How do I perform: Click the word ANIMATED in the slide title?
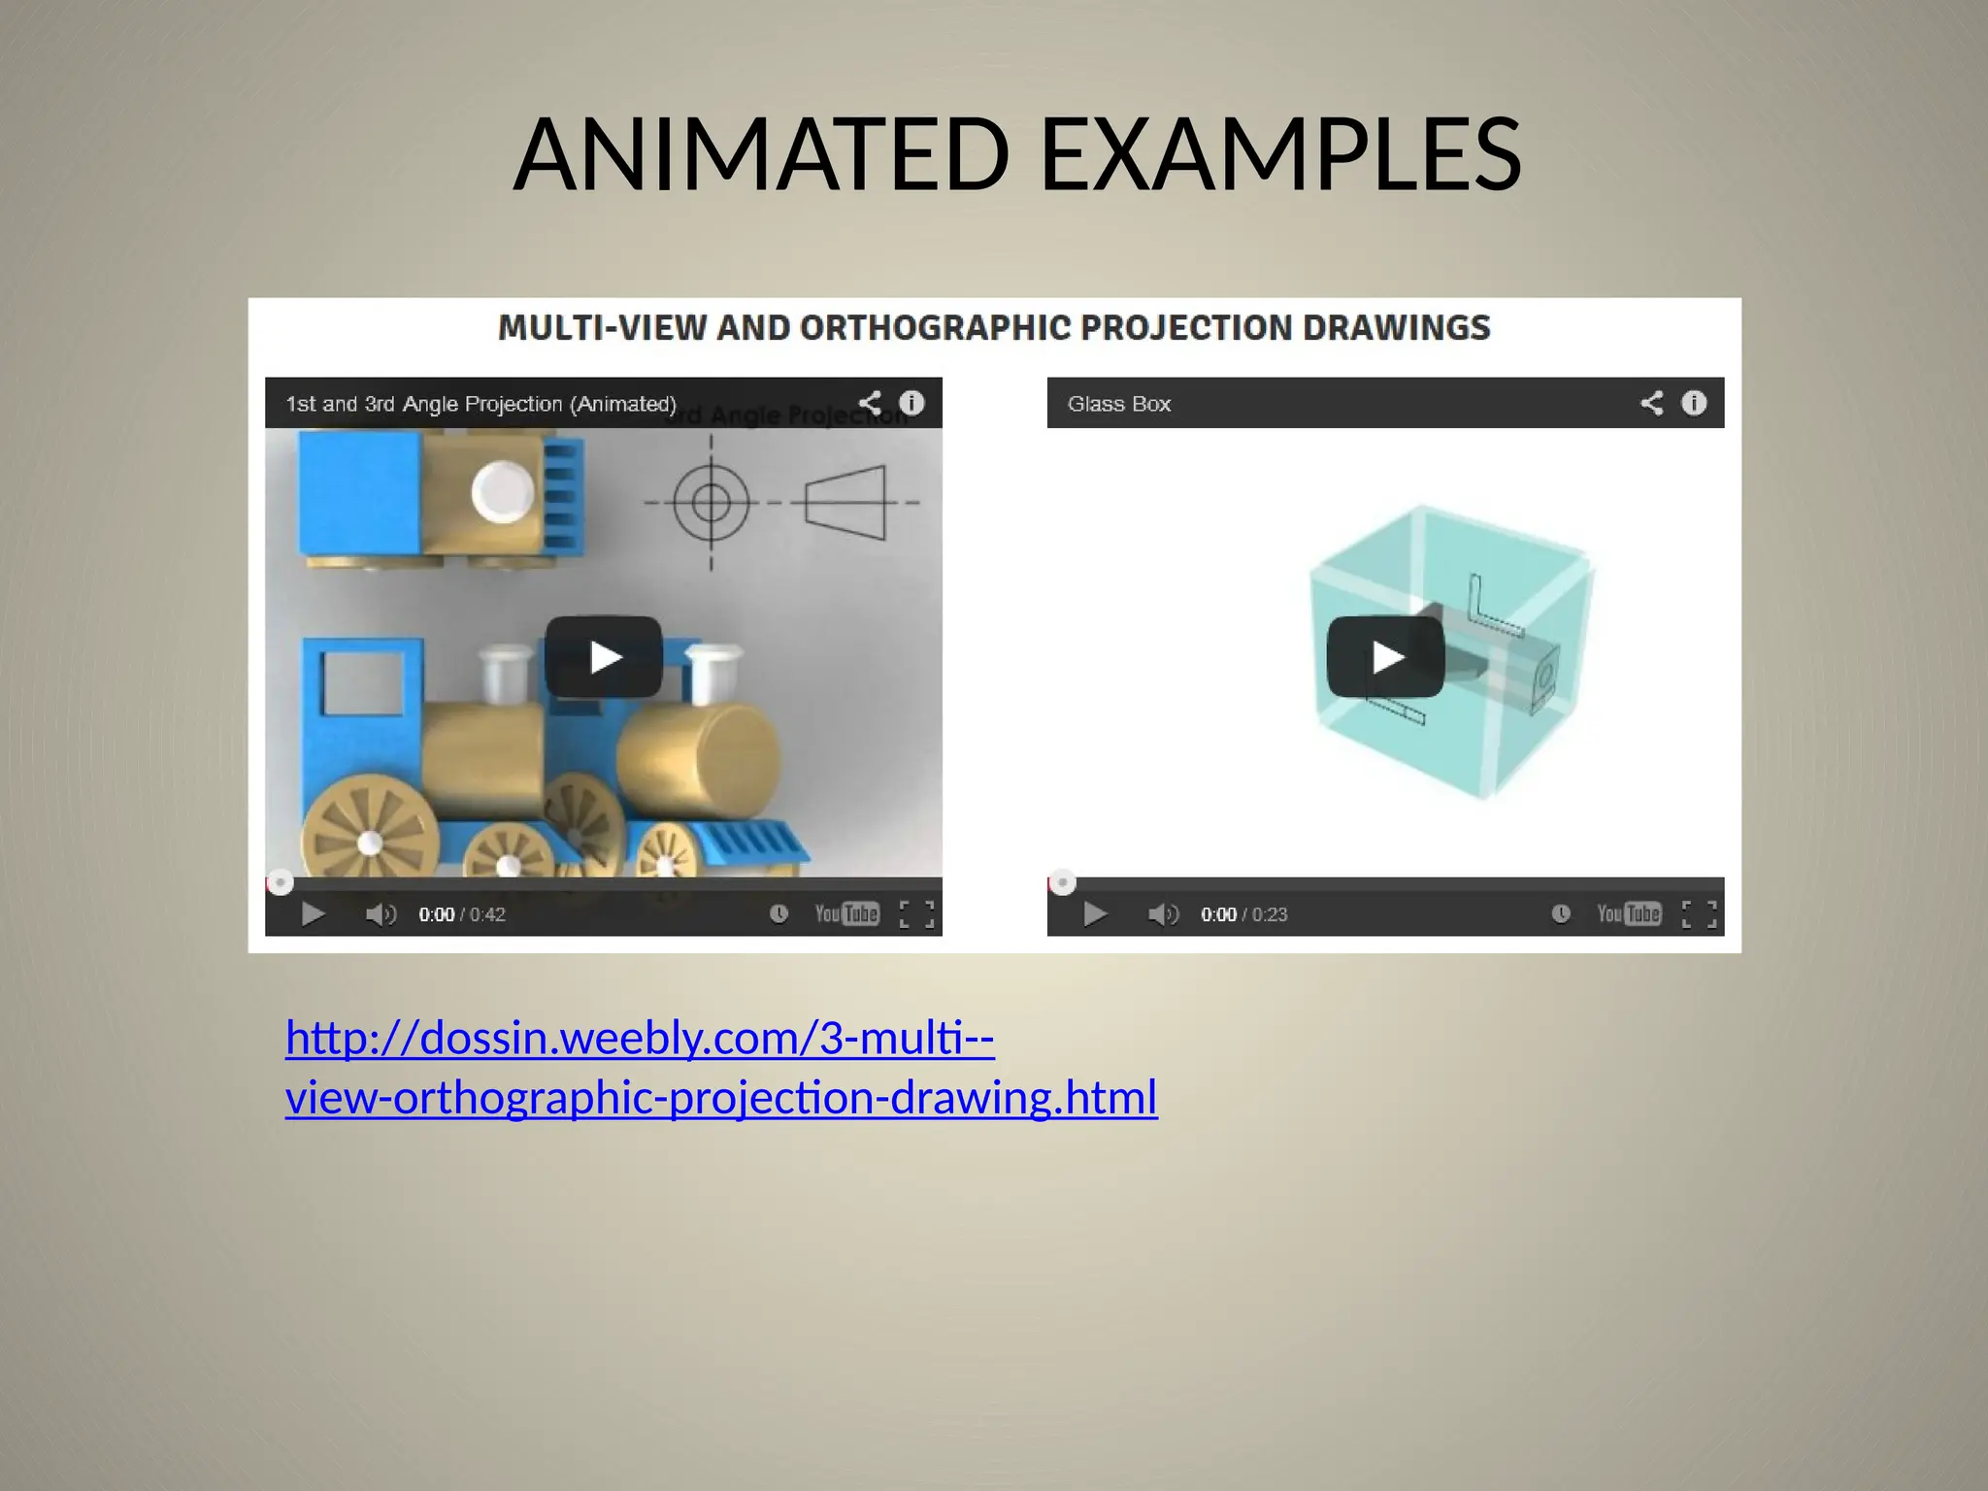pos(762,154)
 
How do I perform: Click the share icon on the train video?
pos(870,403)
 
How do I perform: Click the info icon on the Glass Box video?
pos(1694,403)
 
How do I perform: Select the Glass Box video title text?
pos(1119,404)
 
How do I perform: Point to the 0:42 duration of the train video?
pos(487,914)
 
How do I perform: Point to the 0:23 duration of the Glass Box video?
pos(1270,914)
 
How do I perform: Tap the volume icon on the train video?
pos(381,914)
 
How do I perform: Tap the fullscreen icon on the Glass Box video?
pos(1699,914)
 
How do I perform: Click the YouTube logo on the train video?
pos(846,913)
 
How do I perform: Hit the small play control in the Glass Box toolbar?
pos(1095,914)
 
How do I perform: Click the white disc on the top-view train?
pos(503,491)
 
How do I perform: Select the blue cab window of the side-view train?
pos(363,681)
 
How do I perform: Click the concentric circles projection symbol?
pos(712,503)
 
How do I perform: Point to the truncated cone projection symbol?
pos(846,503)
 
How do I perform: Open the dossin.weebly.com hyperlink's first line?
pos(640,1039)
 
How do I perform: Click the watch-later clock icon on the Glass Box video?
pos(1561,913)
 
